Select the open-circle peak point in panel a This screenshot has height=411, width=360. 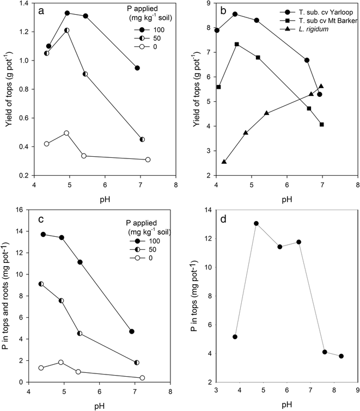tap(66, 133)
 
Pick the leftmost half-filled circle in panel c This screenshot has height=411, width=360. tap(41, 284)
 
